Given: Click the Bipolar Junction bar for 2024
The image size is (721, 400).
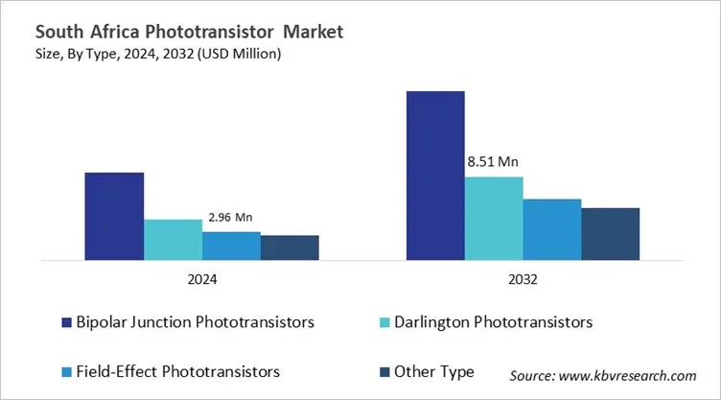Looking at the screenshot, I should point(114,216).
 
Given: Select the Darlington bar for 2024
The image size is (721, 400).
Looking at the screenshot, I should point(173,239).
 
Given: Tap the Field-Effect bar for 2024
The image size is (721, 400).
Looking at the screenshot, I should point(231,246).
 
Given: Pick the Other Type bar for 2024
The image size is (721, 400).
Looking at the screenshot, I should point(290,247).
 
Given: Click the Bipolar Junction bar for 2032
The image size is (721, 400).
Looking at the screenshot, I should point(435,175).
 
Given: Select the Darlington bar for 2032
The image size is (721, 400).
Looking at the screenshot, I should point(494,218).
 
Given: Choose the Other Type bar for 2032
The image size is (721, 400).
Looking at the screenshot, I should point(611,233).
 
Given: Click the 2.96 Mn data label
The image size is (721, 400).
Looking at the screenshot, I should point(231,218).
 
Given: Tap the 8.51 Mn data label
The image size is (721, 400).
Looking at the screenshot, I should point(494,162).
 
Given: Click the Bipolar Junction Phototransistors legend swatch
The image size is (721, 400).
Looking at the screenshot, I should point(65,320).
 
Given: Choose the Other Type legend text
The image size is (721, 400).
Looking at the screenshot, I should point(438,370).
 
